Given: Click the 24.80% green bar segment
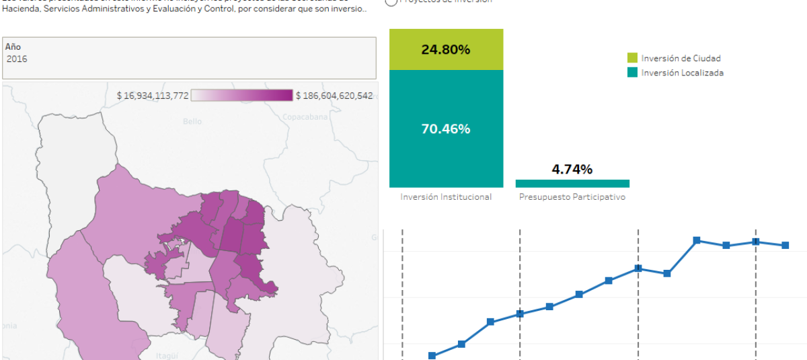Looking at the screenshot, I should point(446,49).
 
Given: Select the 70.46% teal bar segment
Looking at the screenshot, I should point(446,129).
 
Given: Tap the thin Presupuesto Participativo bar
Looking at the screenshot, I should point(572,183).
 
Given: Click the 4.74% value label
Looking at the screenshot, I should point(572,169).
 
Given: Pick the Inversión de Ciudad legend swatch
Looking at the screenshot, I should point(632,59).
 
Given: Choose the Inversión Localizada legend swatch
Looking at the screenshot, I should point(632,73).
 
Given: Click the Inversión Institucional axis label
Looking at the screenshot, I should point(446,197).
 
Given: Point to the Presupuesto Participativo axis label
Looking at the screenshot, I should point(572,197).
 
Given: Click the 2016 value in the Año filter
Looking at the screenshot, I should point(17,59).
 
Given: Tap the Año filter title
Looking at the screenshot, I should point(13,47).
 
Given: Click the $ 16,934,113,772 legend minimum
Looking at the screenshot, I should point(153,96).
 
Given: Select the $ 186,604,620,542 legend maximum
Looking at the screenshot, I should point(334,96).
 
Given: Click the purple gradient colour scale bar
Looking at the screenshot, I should point(242,96).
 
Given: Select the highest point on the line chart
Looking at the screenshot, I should point(697,240).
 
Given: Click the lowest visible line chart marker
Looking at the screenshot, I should point(432,356).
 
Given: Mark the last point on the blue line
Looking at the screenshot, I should point(785,246).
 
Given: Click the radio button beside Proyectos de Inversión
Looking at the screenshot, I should point(391,2).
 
